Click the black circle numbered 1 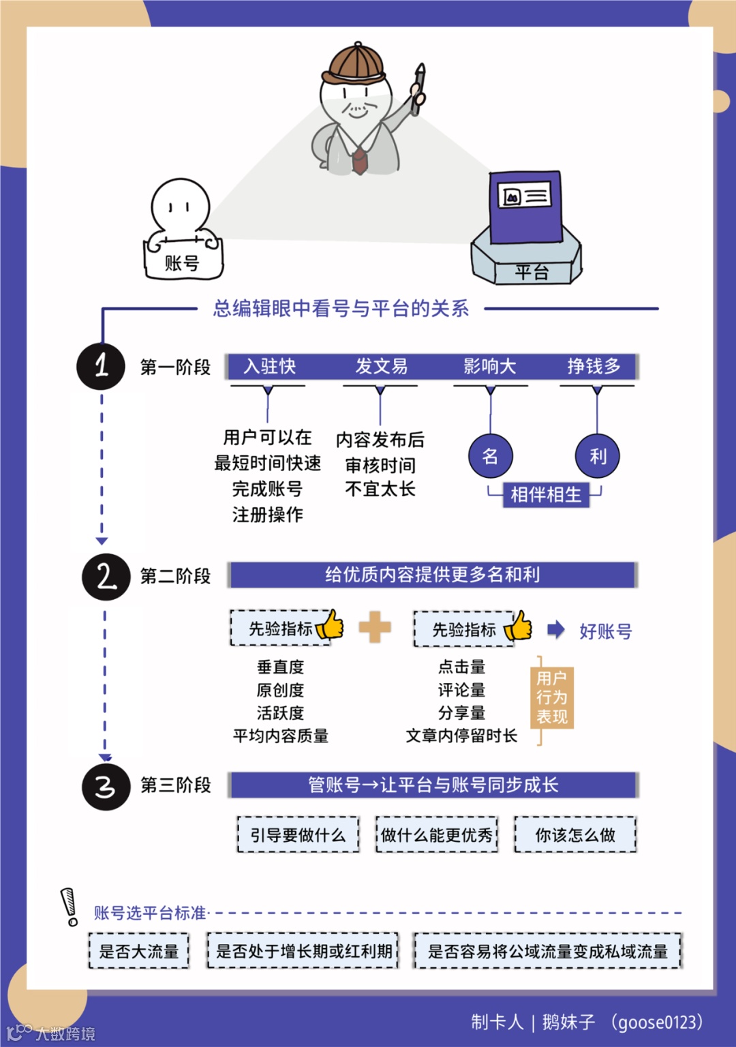coord(101,366)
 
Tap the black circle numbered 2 coord(106,577)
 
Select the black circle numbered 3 coord(106,787)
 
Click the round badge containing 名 coord(490,456)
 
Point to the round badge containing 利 coord(597,456)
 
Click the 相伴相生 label coord(545,494)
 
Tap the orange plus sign coord(375,627)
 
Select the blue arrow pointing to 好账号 coord(556,629)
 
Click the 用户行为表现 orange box coord(552,697)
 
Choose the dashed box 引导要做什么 coord(298,834)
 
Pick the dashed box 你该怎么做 coord(575,834)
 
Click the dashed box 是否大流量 coord(139,951)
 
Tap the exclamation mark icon coord(70,907)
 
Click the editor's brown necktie coord(359,160)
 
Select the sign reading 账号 coord(183,262)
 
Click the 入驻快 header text coord(270,367)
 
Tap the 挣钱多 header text coord(594,367)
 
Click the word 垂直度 coord(280,667)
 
